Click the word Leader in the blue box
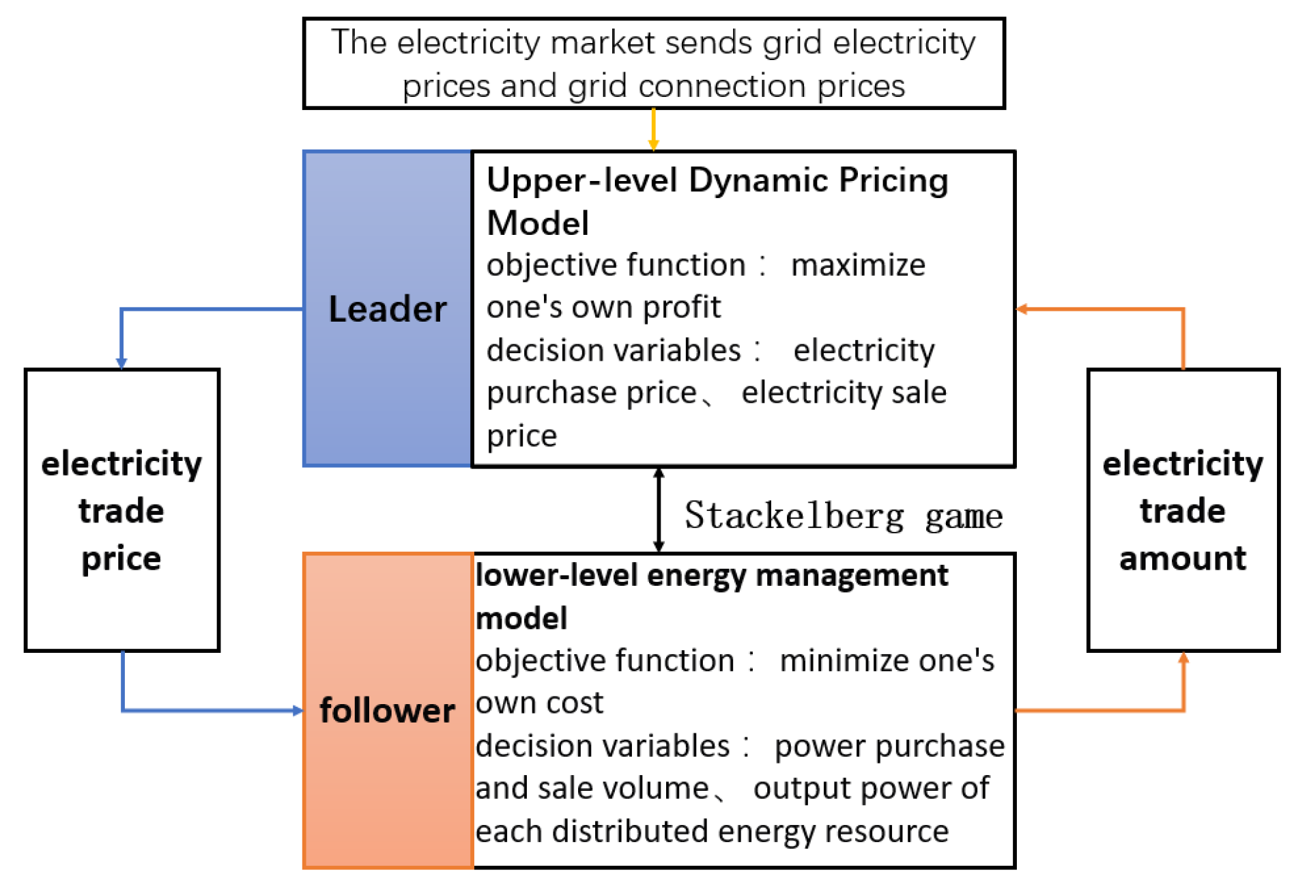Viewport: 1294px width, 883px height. click(387, 309)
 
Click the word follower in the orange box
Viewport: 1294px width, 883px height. click(387, 710)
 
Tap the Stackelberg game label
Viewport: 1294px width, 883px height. click(844, 516)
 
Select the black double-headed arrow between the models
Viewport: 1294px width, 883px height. click(659, 509)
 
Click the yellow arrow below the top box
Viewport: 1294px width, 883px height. click(653, 130)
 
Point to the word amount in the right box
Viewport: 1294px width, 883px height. click(1182, 559)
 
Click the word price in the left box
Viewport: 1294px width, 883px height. click(121, 559)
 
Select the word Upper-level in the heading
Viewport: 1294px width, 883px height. click(581, 181)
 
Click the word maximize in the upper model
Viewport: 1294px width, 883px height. click(858, 265)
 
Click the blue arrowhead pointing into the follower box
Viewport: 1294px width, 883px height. click(298, 710)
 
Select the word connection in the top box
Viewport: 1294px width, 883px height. click(722, 87)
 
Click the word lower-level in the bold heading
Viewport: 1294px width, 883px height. click(555, 575)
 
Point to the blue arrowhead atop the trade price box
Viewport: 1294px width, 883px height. click(121, 363)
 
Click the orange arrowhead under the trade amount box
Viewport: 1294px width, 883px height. click(1183, 658)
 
